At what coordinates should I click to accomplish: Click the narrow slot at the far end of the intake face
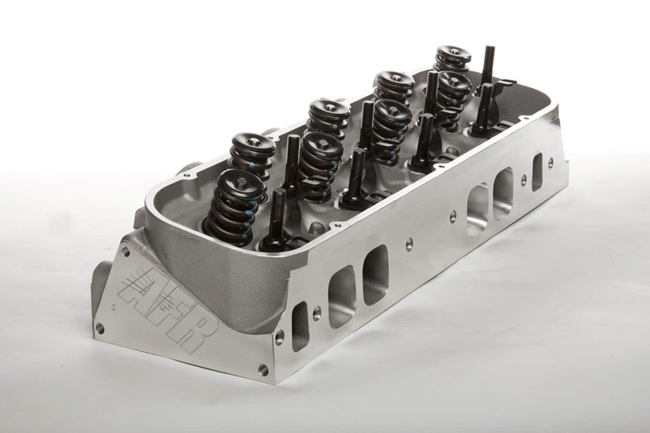[x=537, y=166]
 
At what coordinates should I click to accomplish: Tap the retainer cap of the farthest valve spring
[x=451, y=51]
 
